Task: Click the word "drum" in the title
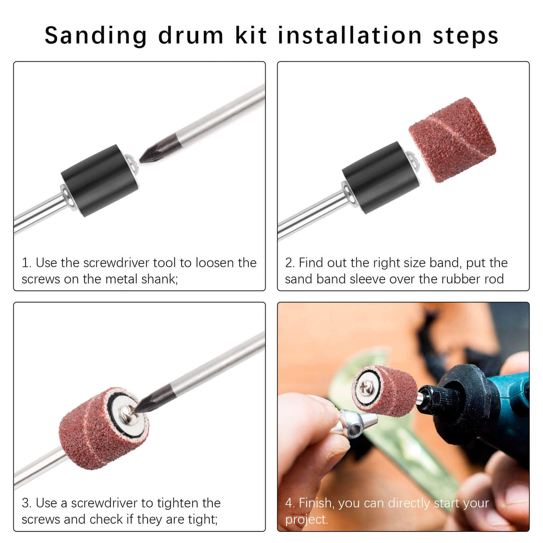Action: point(191,36)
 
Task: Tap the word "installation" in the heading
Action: point(349,36)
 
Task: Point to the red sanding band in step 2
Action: point(452,139)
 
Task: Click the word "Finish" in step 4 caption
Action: point(316,503)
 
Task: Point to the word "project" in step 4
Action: point(306,520)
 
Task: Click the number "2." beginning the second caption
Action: point(289,263)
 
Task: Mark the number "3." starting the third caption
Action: point(26,503)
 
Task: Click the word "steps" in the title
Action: point(465,36)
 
